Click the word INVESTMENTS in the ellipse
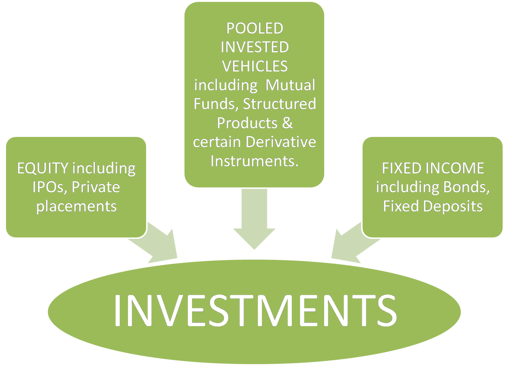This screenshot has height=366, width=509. [x=255, y=310]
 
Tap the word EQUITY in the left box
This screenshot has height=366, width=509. [x=43, y=168]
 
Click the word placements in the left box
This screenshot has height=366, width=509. [x=76, y=206]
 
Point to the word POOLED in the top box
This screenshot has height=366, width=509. [x=254, y=29]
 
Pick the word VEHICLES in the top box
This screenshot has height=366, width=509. [x=254, y=67]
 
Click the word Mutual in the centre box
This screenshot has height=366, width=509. [x=290, y=85]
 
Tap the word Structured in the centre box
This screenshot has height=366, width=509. [x=279, y=104]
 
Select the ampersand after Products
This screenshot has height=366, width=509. [x=287, y=123]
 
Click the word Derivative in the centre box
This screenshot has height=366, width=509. [x=280, y=142]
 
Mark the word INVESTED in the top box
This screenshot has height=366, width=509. [x=254, y=47]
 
